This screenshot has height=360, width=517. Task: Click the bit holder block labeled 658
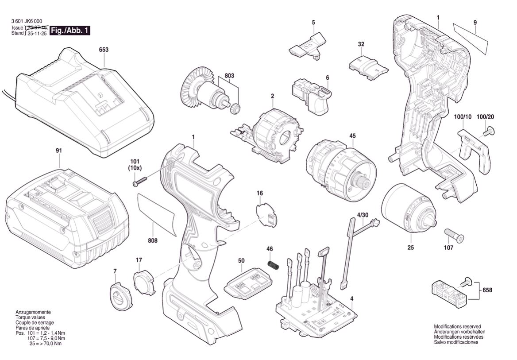[449, 293]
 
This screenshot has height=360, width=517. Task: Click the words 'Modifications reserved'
[457, 326]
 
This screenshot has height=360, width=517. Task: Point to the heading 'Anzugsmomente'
[33, 312]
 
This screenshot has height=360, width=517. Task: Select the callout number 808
[153, 240]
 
